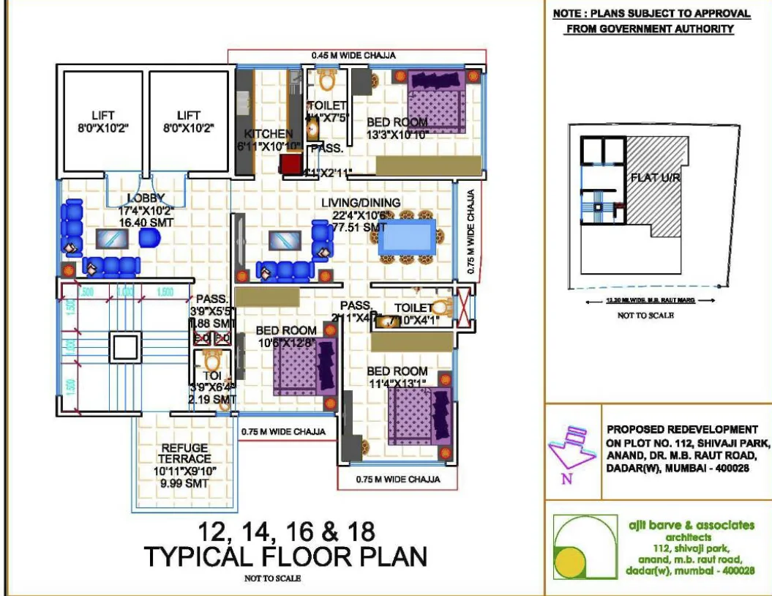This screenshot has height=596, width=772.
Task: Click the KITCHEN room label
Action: pyautogui.click(x=268, y=135)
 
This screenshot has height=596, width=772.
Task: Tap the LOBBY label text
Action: pyautogui.click(x=146, y=198)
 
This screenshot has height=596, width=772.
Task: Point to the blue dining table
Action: pyautogui.click(x=406, y=237)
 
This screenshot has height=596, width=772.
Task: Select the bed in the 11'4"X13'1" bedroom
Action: pyautogui.click(x=419, y=414)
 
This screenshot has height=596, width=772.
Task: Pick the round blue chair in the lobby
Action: pyautogui.click(x=149, y=238)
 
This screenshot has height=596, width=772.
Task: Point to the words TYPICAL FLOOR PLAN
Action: pyautogui.click(x=285, y=556)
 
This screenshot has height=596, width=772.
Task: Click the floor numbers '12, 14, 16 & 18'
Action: pyautogui.click(x=285, y=529)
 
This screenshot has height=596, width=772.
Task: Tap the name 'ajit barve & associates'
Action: pyautogui.click(x=691, y=525)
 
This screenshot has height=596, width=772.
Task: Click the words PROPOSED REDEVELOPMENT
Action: pyautogui.click(x=682, y=430)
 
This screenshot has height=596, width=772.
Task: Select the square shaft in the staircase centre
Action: pyautogui.click(x=124, y=346)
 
